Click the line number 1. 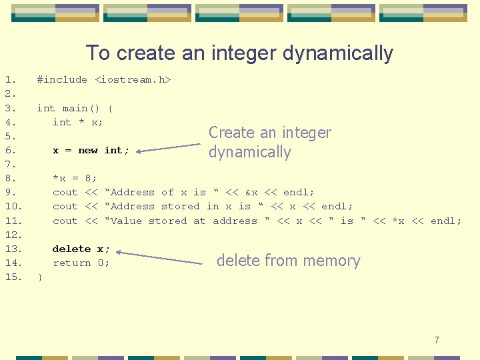[9, 80]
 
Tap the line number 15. [13, 277]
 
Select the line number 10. [13, 207]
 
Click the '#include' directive [62, 80]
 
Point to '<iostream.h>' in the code [133, 80]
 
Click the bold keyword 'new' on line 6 [88, 151]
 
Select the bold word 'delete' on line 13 [71, 249]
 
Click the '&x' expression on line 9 [252, 193]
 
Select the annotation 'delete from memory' [288, 261]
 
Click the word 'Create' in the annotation [231, 133]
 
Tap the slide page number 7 [437, 340]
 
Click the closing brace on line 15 [40, 277]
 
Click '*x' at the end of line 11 [398, 221]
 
